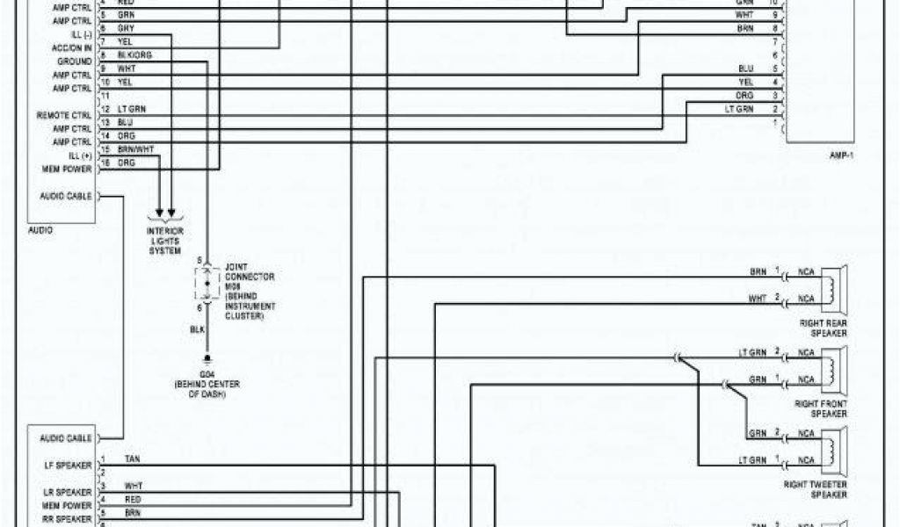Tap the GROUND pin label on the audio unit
pos(74,62)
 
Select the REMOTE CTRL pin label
pos(64,115)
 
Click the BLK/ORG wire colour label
pos(134,55)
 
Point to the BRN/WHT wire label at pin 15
pos(135,149)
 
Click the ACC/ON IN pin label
pos(72,48)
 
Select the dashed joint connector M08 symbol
pos(207,286)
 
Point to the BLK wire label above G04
pos(198,330)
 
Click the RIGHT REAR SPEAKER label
pos(824,328)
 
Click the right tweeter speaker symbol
pos(831,447)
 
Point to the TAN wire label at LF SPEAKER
pos(132,459)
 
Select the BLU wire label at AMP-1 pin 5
pos(746,69)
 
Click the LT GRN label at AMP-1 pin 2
pos(739,109)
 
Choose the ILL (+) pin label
pos(78,155)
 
